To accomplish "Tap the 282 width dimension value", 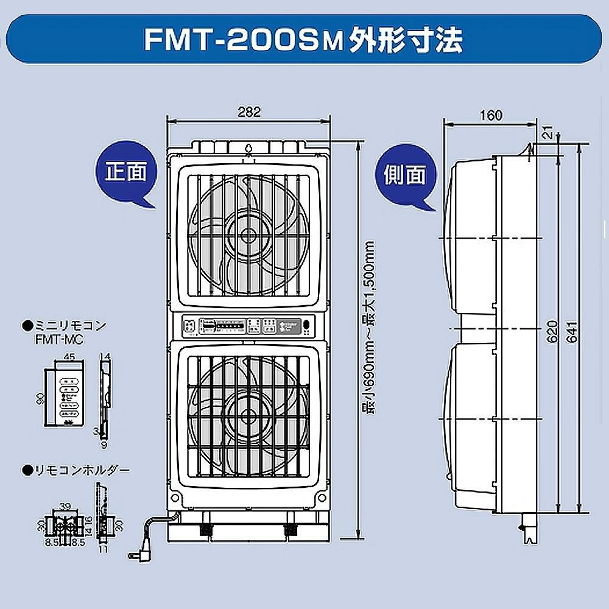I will click(x=248, y=111).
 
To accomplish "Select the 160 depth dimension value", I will click(x=491, y=115).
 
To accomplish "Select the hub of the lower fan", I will click(x=248, y=416).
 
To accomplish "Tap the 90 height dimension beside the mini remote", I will click(x=40, y=399).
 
